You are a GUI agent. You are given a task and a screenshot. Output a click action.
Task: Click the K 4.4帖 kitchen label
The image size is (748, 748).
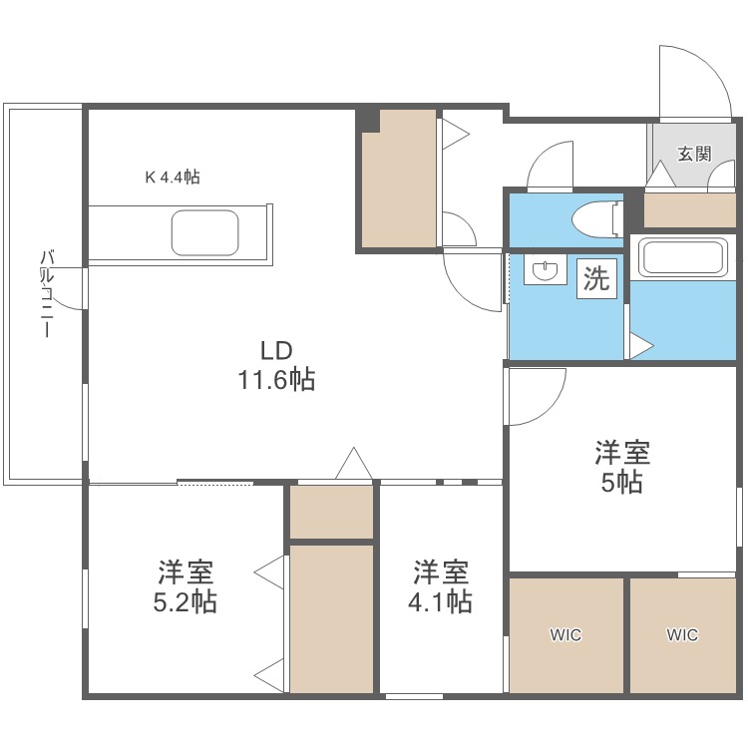coord(173,178)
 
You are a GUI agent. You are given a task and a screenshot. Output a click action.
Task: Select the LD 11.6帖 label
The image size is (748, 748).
coord(276,365)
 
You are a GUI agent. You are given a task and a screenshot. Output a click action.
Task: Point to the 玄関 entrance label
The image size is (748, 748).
coord(694,154)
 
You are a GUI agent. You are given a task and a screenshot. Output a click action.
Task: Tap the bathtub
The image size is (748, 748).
coord(687,257)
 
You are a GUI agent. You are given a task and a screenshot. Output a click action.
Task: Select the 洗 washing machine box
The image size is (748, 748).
coord(596,278)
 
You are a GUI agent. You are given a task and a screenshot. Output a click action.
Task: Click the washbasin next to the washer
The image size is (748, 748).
coord(546,271)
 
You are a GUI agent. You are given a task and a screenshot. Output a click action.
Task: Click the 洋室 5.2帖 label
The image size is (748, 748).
coord(187,587)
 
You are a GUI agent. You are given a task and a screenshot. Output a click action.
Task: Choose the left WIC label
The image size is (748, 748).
coord(565,634)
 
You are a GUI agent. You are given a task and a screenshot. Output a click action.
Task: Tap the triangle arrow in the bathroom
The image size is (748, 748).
coord(639,346)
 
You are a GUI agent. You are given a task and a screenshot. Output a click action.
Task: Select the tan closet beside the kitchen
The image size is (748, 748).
coord(399,180)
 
